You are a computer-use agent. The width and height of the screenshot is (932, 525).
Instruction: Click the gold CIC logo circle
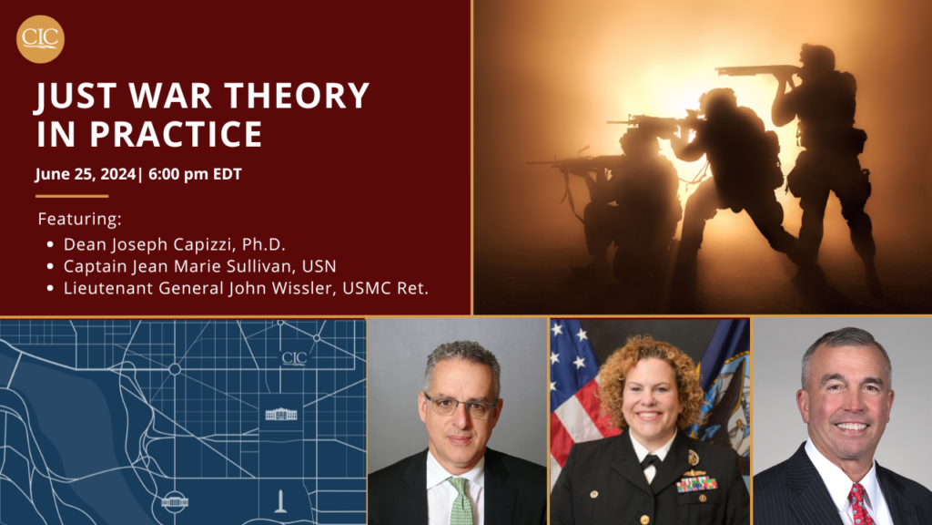point(41,39)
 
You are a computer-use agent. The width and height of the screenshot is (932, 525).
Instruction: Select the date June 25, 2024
point(85,174)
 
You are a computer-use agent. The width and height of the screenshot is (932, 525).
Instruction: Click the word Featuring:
point(79,220)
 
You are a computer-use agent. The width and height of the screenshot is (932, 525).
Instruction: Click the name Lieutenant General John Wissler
point(246,289)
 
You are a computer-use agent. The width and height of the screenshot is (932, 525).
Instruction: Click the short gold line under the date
point(72,196)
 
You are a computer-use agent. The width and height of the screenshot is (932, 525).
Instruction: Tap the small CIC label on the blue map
point(294,357)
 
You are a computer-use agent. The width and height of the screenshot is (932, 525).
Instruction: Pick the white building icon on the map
point(280,415)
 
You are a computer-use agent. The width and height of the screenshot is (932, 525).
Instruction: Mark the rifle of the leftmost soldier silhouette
point(564,162)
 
